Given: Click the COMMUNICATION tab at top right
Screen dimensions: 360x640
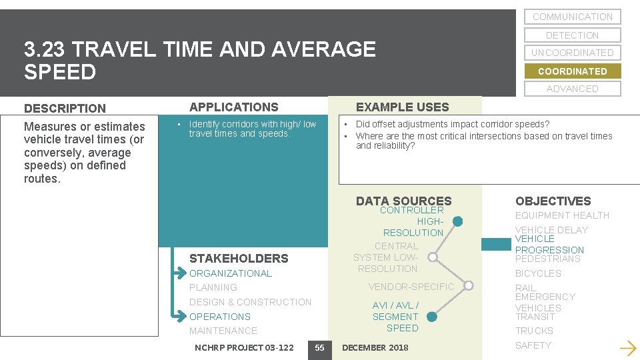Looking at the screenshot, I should (x=572, y=17).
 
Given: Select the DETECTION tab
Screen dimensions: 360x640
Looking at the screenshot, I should (x=572, y=35).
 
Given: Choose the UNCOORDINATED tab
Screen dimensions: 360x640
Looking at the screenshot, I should (x=572, y=53).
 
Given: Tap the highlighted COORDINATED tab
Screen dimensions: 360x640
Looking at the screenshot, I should (x=572, y=71).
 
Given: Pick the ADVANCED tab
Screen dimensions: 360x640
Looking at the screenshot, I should (x=572, y=89).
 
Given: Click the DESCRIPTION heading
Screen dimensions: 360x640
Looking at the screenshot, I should (x=65, y=108).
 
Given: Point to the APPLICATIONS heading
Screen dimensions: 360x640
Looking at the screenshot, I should (x=233, y=107).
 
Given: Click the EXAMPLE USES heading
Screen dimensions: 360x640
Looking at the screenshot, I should (x=402, y=107).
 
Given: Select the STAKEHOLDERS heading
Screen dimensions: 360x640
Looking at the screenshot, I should (x=239, y=258).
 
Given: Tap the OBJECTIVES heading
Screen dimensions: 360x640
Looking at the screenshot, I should (x=553, y=201).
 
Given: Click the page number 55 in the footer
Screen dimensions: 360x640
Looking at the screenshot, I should (x=319, y=347).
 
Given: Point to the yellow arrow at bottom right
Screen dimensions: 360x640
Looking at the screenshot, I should (x=627, y=347).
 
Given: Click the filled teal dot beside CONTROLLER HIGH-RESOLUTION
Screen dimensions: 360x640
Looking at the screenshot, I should (x=457, y=221).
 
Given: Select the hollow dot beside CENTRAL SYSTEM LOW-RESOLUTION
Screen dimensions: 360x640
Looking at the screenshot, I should (x=433, y=257).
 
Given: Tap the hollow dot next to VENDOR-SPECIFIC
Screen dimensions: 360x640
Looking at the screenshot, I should (x=469, y=287).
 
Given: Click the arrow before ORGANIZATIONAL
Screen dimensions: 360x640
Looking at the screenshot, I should (x=180, y=273).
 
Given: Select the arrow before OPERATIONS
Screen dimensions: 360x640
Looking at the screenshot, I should (x=180, y=317).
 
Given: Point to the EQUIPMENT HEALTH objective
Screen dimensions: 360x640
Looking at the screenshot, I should (x=562, y=215).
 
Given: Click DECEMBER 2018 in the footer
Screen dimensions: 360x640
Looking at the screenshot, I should (x=375, y=347).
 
